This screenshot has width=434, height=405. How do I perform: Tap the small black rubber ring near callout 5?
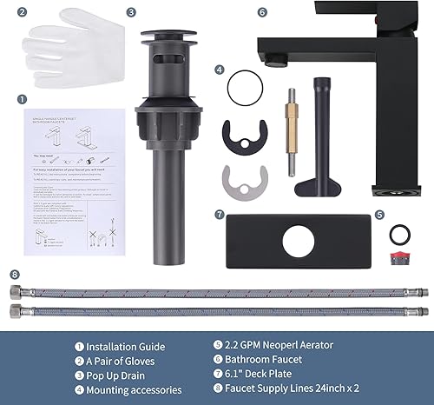click(401, 235)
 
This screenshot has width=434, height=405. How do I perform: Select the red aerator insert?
click(400, 261)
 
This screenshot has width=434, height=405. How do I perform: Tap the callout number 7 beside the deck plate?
click(220, 214)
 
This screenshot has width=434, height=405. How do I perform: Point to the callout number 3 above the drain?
click(131, 13)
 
